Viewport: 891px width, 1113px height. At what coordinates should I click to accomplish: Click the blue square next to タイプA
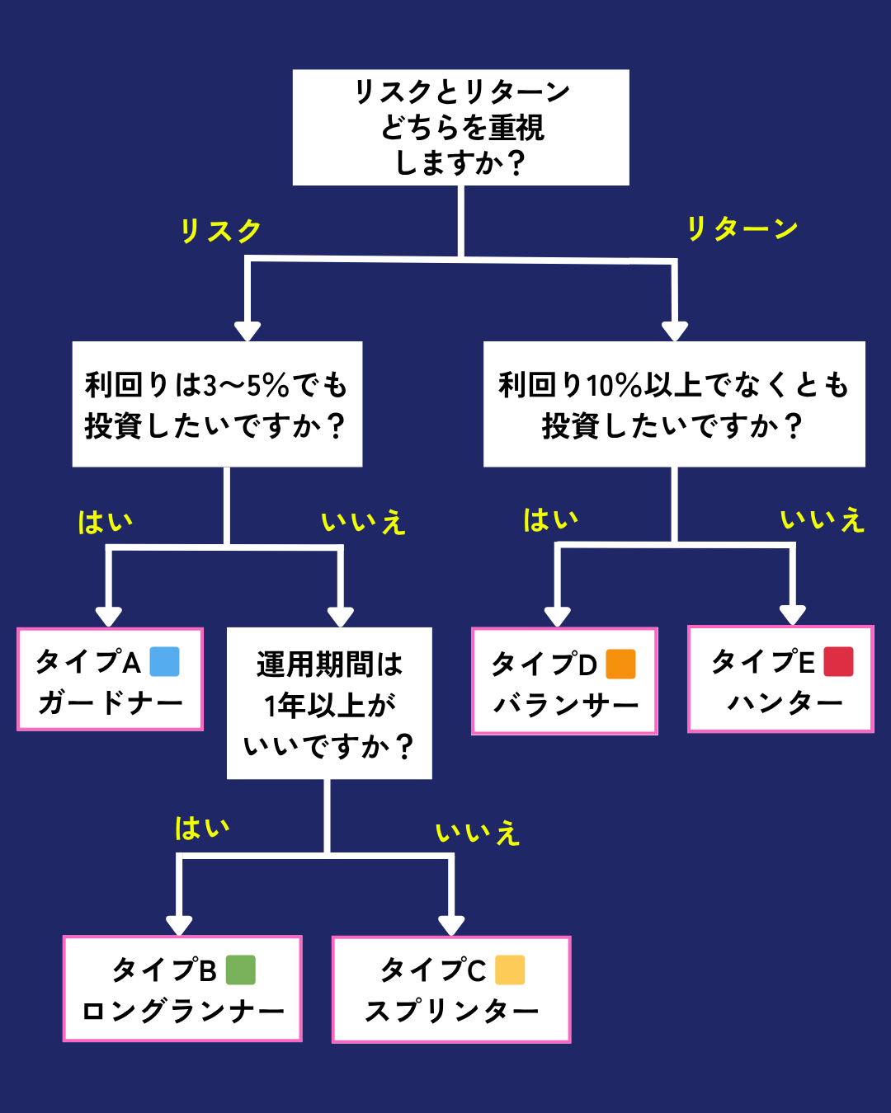[164, 661]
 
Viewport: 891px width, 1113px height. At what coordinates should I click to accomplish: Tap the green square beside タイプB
[240, 970]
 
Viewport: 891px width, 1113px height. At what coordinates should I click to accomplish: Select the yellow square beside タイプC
[510, 970]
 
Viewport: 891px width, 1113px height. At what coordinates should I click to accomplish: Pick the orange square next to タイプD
[620, 664]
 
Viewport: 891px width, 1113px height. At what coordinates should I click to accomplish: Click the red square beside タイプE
[838, 661]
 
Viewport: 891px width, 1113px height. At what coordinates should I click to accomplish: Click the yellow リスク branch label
[220, 231]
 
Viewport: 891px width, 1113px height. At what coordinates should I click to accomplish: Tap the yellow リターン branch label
[742, 228]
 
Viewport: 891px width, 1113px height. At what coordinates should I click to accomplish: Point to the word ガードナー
[111, 703]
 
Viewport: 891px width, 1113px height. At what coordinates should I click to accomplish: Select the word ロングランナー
[183, 1011]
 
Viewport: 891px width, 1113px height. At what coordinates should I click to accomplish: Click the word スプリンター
[452, 1011]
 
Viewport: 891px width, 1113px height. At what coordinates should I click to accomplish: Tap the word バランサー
[566, 706]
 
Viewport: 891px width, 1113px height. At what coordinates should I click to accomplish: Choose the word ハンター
[785, 703]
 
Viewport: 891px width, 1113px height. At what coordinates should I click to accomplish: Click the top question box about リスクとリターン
[460, 127]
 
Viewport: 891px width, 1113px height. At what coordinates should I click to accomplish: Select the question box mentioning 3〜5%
[217, 404]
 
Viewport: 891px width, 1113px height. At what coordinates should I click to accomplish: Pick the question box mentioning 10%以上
[674, 404]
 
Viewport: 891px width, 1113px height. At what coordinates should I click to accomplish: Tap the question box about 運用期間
[329, 703]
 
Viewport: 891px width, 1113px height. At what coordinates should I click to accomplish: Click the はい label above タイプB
[202, 828]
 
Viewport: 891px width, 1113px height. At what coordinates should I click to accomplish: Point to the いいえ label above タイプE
[823, 519]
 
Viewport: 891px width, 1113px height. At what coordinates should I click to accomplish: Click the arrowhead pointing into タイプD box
[558, 616]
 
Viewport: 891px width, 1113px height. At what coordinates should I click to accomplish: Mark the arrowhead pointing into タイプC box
[451, 925]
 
